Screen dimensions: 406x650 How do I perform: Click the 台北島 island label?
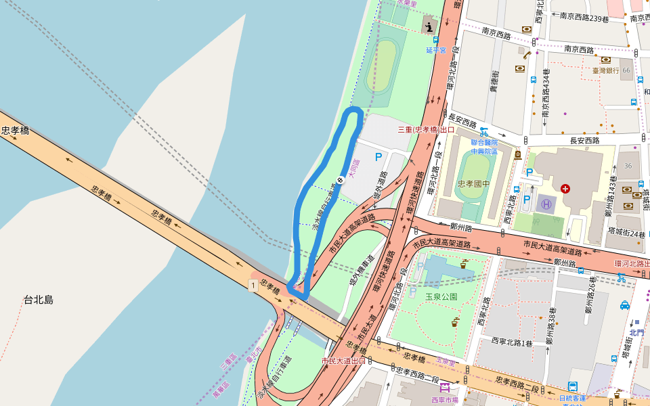tap(39, 299)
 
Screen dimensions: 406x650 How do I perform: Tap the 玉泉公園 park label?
tap(441, 296)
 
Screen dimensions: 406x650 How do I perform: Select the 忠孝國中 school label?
tap(473, 183)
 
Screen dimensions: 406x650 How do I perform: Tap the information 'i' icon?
tap(430, 26)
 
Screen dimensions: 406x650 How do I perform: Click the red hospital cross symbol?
tap(565, 187)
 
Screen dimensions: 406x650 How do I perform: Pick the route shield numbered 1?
tap(253, 285)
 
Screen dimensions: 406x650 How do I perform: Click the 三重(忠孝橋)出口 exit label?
tap(426, 129)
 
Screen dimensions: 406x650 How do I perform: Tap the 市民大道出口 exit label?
tap(343, 361)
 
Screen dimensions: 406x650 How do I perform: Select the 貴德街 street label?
tap(495, 86)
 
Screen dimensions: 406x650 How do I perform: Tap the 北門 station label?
tap(636, 332)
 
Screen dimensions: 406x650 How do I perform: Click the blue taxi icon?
tap(624, 304)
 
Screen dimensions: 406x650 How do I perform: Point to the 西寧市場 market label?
tap(445, 400)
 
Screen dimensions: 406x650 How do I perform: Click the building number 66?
tap(627, 70)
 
